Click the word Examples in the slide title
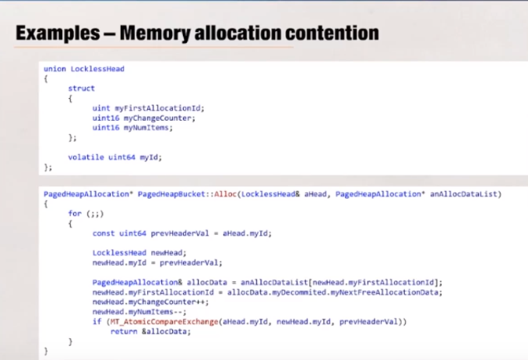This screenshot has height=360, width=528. (x=53, y=34)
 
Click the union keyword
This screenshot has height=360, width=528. (x=55, y=69)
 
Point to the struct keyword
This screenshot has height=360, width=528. (x=81, y=89)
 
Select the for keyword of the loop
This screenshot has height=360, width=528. (x=74, y=213)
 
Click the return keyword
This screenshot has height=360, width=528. (x=123, y=330)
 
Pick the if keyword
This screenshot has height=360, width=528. (x=96, y=320)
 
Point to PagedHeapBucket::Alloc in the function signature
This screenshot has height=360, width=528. (x=185, y=193)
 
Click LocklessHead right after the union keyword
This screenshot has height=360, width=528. (x=97, y=69)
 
